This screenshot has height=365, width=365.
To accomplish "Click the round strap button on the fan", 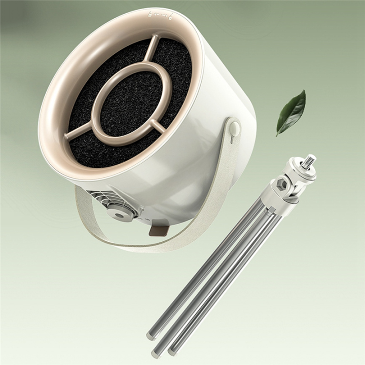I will [234, 128].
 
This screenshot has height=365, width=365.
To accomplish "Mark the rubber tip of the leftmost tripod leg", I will [151, 336].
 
